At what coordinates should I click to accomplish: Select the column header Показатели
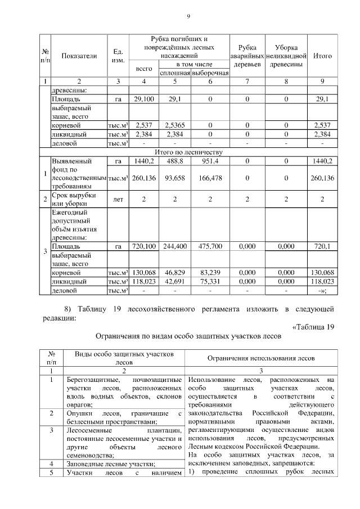(x=79, y=56)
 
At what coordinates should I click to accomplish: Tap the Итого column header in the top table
(x=322, y=56)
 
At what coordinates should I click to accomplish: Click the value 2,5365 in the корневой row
(x=175, y=125)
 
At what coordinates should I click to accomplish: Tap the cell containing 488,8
(x=175, y=161)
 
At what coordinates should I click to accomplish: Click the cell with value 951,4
(x=210, y=161)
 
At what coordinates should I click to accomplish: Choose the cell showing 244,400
(x=175, y=246)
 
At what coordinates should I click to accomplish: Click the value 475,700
(x=210, y=246)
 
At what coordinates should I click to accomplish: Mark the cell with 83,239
(x=210, y=272)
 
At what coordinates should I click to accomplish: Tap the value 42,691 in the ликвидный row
(x=175, y=281)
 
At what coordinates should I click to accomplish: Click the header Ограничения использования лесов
(x=262, y=358)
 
